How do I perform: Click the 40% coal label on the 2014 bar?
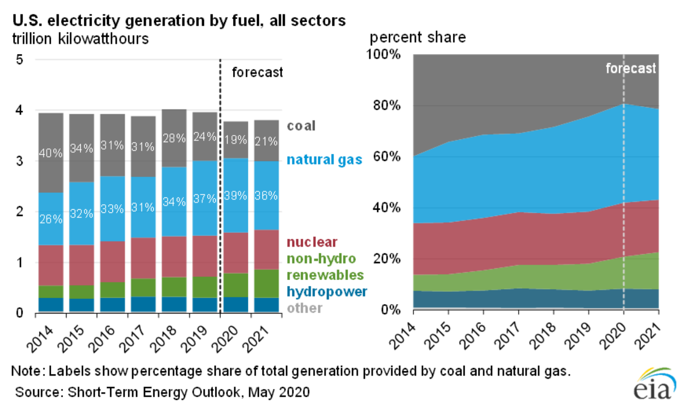pyautogui.click(x=50, y=153)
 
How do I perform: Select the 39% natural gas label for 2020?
pyautogui.click(x=235, y=196)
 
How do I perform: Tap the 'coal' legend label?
pyautogui.click(x=301, y=126)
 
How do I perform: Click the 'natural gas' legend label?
pyautogui.click(x=324, y=160)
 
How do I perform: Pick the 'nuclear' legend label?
pyautogui.click(x=312, y=242)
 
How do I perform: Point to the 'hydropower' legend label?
pyautogui.click(x=326, y=291)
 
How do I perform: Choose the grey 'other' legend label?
pyautogui.click(x=304, y=308)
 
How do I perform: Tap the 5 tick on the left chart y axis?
pyautogui.click(x=19, y=59)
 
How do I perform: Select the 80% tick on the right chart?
pyautogui.click(x=387, y=105)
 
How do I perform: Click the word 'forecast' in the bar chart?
pyautogui.click(x=257, y=72)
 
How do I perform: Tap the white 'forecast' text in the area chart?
pyautogui.click(x=631, y=69)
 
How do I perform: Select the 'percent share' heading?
pyautogui.click(x=418, y=37)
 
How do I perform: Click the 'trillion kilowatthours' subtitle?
pyautogui.click(x=80, y=39)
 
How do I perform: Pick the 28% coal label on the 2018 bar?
pyautogui.click(x=174, y=138)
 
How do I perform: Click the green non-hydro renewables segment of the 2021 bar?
pyautogui.click(x=266, y=283)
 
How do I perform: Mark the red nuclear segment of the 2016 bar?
pyautogui.click(x=112, y=261)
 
